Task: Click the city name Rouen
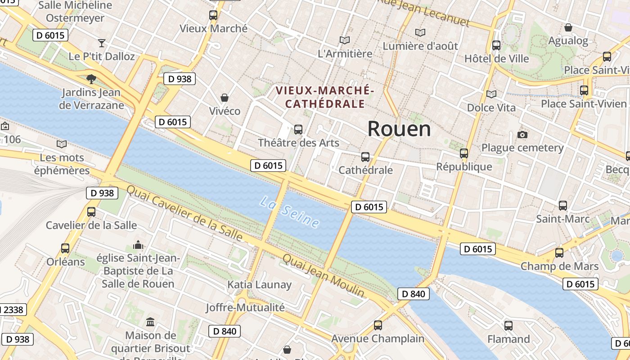pos(399,129)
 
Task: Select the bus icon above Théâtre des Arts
pos(298,130)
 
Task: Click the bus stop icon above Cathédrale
pos(365,157)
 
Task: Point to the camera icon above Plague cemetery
pos(522,135)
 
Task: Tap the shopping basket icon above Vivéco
pos(224,98)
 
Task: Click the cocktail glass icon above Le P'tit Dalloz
pos(102,43)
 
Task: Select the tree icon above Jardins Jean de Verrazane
pos(91,79)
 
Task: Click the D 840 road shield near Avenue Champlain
pos(414,294)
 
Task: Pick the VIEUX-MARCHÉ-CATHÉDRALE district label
pos(325,97)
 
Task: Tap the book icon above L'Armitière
pos(345,40)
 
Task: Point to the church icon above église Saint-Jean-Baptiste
pos(138,245)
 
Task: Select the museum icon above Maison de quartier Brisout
pos(150,322)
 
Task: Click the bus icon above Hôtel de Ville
pos(496,45)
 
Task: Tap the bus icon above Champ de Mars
pos(559,253)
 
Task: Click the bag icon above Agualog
pos(568,27)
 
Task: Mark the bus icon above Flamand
pos(508,326)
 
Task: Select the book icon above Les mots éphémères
pos(62,144)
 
